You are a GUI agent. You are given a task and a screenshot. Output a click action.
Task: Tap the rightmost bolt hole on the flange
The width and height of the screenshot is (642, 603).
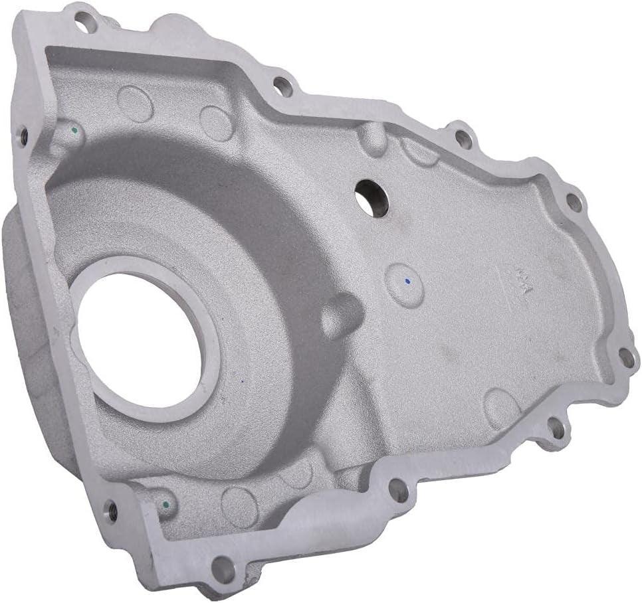click(x=627, y=359)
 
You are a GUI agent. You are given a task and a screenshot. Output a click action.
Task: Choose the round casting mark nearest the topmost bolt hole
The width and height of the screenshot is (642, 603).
click(x=135, y=103)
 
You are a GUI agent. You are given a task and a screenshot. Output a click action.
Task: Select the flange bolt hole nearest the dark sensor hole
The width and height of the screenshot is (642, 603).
click(x=283, y=86)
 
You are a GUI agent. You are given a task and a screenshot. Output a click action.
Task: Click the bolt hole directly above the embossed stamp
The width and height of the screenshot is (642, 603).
click(x=574, y=202)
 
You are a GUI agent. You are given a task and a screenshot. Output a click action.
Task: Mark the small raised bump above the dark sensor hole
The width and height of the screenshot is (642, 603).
click(x=374, y=139)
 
